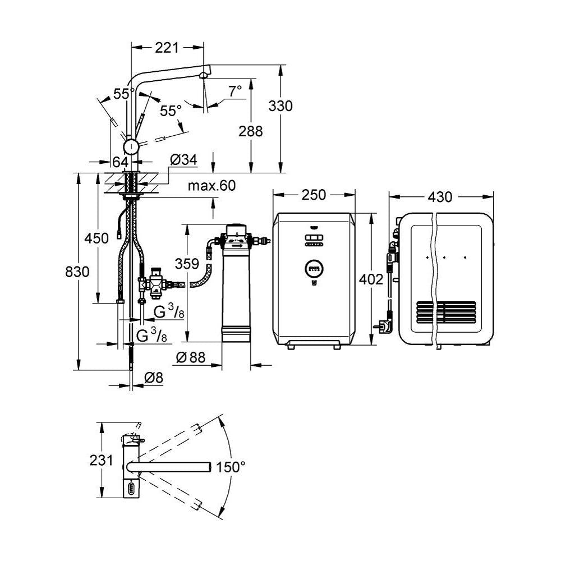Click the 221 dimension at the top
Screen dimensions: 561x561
167,48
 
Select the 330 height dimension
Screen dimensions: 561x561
280,105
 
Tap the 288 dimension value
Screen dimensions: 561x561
250,131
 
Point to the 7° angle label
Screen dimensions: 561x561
234,90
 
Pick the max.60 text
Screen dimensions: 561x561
212,185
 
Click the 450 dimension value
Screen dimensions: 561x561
97,238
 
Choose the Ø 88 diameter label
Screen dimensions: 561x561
190,357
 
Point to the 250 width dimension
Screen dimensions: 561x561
314,195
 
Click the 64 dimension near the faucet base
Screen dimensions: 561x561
120,162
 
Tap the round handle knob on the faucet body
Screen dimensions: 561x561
131,147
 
